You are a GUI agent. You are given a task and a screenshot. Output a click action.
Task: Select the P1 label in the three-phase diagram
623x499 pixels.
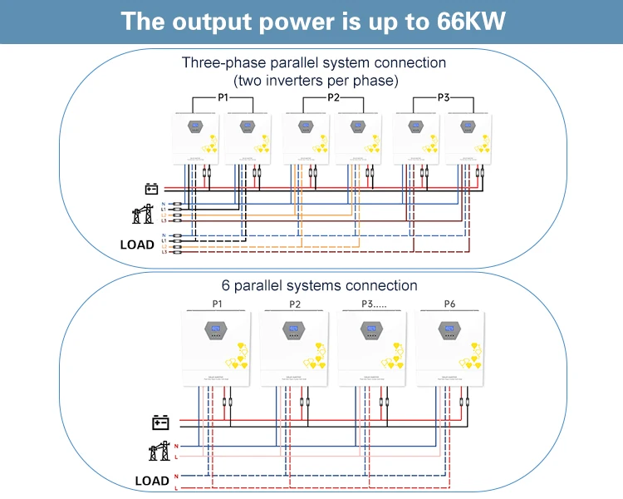[x=223, y=97]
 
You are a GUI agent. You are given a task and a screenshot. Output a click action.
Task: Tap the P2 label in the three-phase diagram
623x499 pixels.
[x=333, y=97]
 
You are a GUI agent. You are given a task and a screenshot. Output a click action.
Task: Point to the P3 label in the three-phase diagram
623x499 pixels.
[x=443, y=97]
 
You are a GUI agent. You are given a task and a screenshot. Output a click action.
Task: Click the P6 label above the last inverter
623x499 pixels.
[x=449, y=304]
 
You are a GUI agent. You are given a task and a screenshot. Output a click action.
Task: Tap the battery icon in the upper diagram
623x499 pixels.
[x=151, y=189]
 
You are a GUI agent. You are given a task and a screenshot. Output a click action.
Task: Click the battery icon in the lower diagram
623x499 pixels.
[x=160, y=422]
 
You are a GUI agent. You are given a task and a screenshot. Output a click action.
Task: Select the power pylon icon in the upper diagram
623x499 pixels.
[x=141, y=214]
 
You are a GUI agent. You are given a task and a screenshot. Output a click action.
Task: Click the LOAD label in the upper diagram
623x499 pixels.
[x=137, y=245]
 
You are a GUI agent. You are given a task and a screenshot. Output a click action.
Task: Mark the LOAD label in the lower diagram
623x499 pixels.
[x=152, y=482]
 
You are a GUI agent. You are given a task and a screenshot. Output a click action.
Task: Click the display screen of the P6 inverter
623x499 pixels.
[x=449, y=330]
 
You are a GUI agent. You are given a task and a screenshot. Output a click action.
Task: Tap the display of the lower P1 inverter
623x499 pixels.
[x=216, y=330]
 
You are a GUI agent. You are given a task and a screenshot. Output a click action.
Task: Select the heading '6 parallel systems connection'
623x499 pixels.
[x=320, y=285]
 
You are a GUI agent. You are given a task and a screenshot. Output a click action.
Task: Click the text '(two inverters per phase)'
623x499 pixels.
[x=316, y=80]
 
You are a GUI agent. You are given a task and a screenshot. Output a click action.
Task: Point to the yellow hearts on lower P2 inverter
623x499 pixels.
[x=318, y=354]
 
